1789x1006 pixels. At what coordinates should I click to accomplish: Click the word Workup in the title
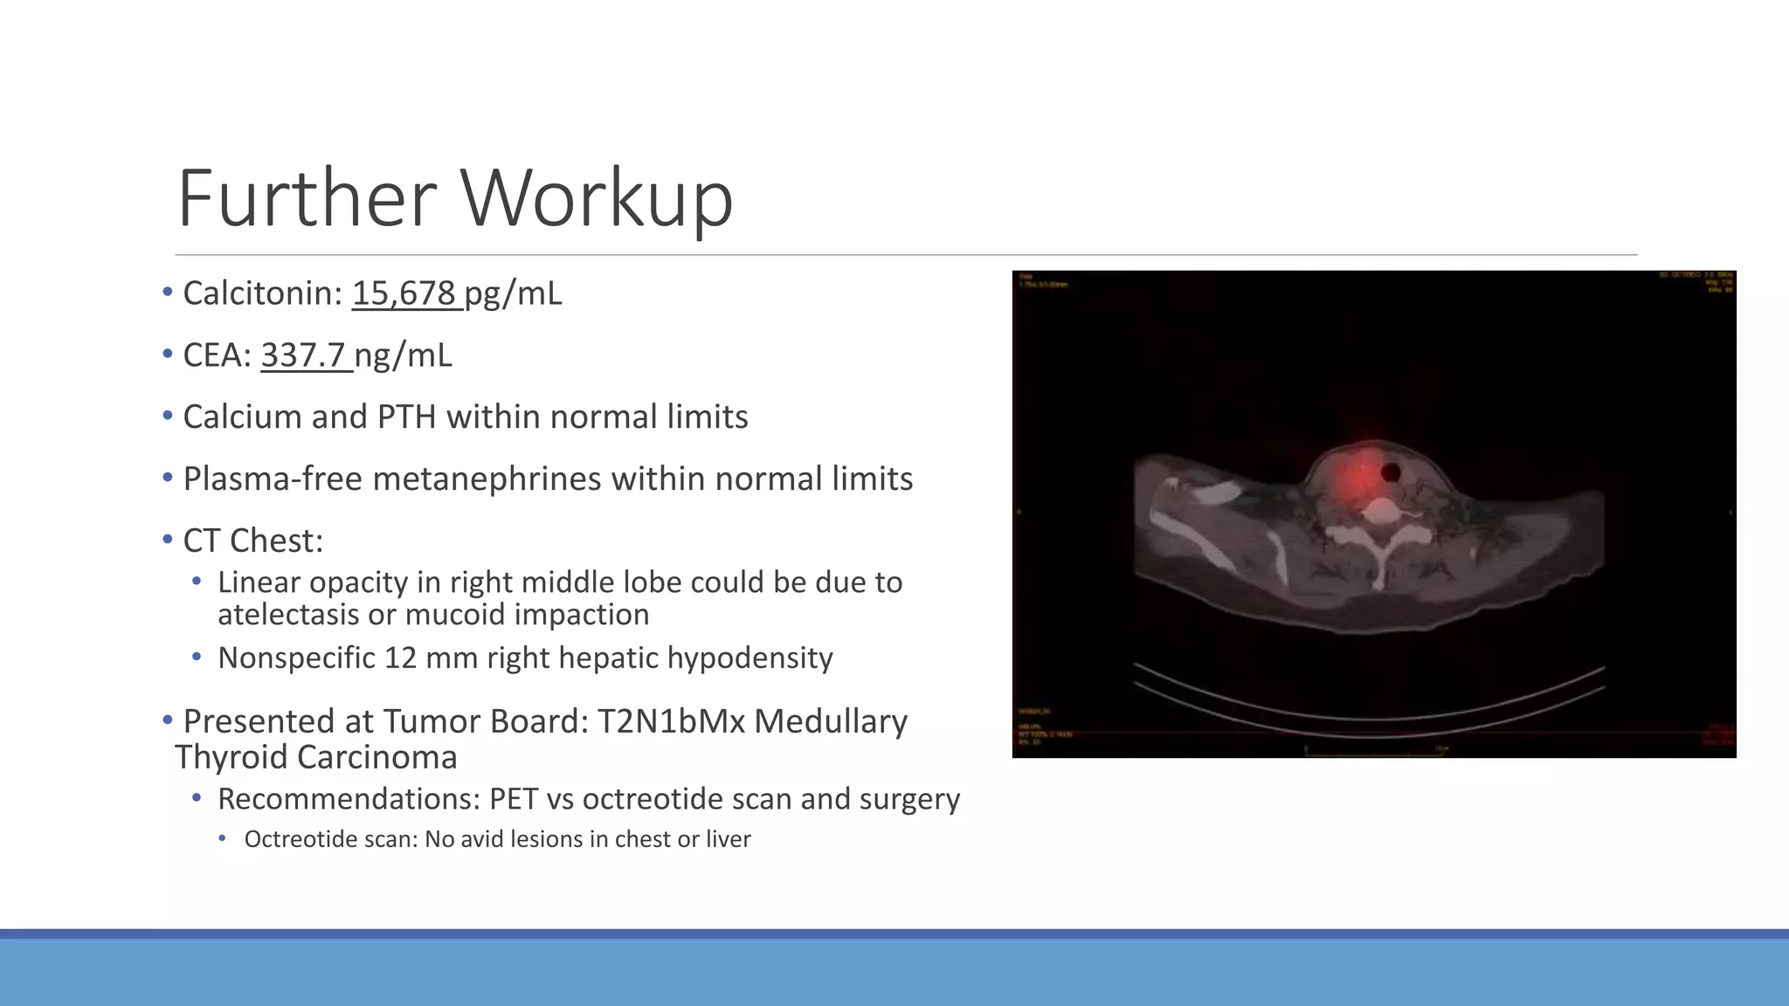click(597, 198)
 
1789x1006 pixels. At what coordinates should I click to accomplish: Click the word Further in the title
click(307, 198)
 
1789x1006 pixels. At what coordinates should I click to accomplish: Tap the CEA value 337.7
click(303, 355)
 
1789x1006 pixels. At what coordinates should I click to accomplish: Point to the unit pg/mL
click(513, 293)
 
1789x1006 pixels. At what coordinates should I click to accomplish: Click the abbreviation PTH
click(406, 417)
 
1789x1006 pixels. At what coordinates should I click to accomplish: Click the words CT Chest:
click(252, 541)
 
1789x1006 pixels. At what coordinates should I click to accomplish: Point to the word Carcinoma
click(376, 757)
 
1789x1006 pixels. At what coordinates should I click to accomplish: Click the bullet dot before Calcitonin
click(168, 293)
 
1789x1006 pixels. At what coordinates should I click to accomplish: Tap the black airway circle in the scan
click(1391, 472)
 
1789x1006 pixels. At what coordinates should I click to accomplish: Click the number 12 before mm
click(400, 658)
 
